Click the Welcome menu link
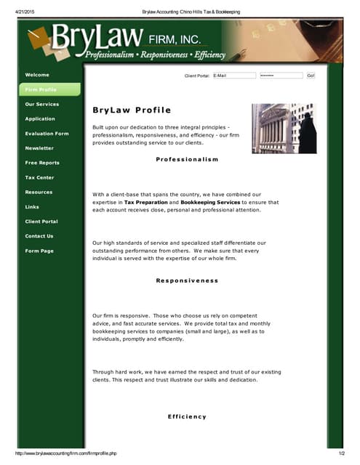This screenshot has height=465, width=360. (37, 75)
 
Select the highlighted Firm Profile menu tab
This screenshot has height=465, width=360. (41, 89)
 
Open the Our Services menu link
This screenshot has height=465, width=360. (42, 104)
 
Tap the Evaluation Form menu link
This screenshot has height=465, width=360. (47, 134)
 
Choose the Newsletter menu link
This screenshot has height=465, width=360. (39, 148)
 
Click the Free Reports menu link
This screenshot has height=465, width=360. (42, 163)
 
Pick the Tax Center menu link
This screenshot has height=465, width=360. (39, 177)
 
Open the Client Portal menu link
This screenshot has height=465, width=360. (41, 221)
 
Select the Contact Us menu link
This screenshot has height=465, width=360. (39, 236)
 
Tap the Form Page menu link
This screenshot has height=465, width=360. (39, 251)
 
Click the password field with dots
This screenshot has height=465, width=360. (281, 75)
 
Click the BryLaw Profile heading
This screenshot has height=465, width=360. (132, 110)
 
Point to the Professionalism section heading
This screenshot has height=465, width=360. (187, 159)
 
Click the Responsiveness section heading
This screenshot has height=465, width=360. (187, 280)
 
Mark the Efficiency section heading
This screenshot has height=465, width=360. (187, 416)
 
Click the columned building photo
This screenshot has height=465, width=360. (284, 128)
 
